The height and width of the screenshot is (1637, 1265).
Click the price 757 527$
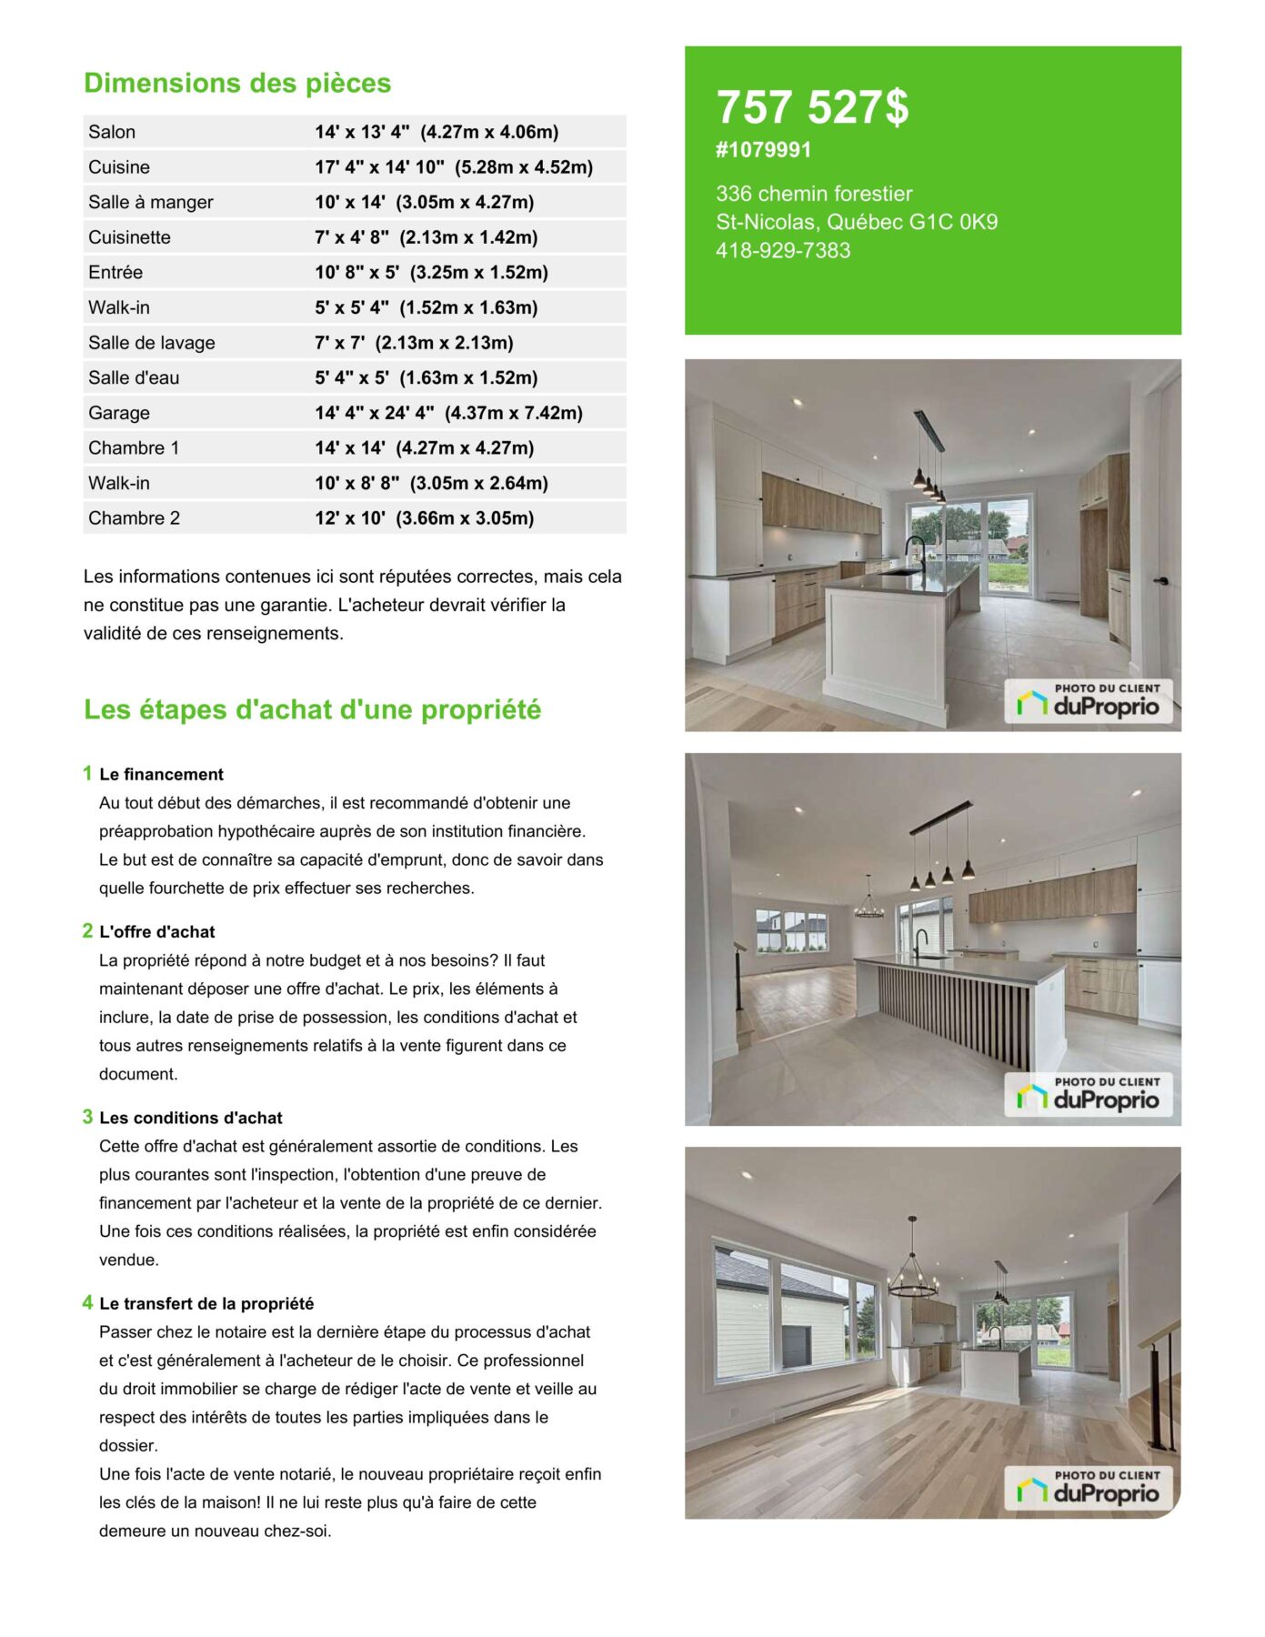[x=811, y=107]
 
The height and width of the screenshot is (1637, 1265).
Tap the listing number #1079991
[x=763, y=150]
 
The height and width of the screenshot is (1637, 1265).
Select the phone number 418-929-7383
[x=782, y=250]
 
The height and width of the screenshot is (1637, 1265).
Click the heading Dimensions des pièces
[x=237, y=83]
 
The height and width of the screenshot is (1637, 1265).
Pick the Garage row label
[x=119, y=413]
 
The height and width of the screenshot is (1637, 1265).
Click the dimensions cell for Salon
[x=437, y=132]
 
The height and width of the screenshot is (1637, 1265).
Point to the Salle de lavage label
[x=152, y=343]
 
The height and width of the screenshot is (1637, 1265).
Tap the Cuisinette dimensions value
[x=426, y=237]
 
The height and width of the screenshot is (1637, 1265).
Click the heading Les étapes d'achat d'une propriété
[x=312, y=709]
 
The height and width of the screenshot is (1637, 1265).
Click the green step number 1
[x=87, y=773]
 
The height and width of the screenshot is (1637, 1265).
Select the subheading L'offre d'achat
[x=157, y=931]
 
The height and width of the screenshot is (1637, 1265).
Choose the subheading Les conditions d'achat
[x=191, y=1118]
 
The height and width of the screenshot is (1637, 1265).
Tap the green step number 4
[x=87, y=1302]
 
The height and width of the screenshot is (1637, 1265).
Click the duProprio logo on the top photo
[x=1088, y=701]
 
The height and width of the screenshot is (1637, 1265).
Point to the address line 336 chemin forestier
[x=814, y=194]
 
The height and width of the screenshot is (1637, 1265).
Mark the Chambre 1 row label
[x=134, y=448]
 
